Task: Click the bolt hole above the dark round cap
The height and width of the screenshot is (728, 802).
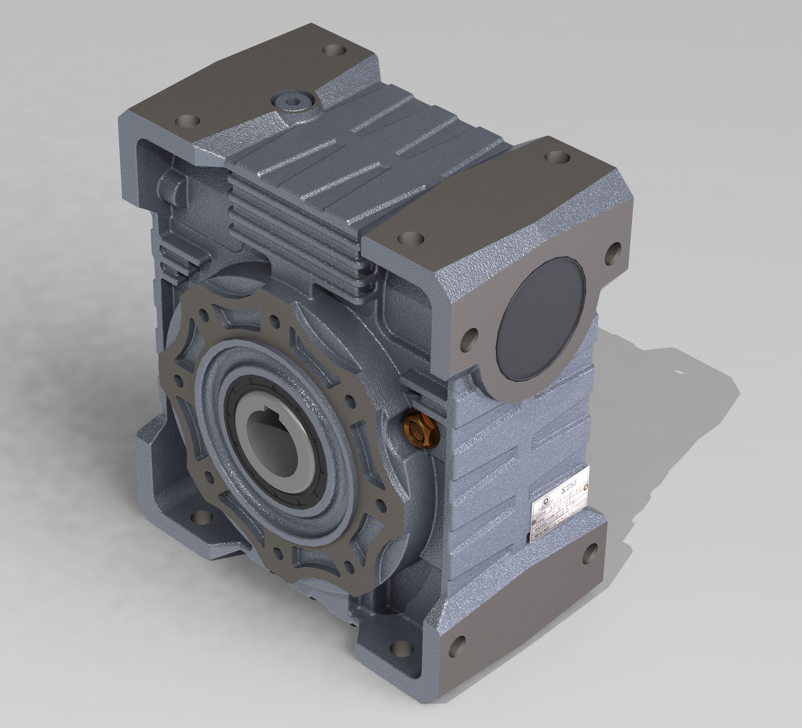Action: click(x=613, y=254)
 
